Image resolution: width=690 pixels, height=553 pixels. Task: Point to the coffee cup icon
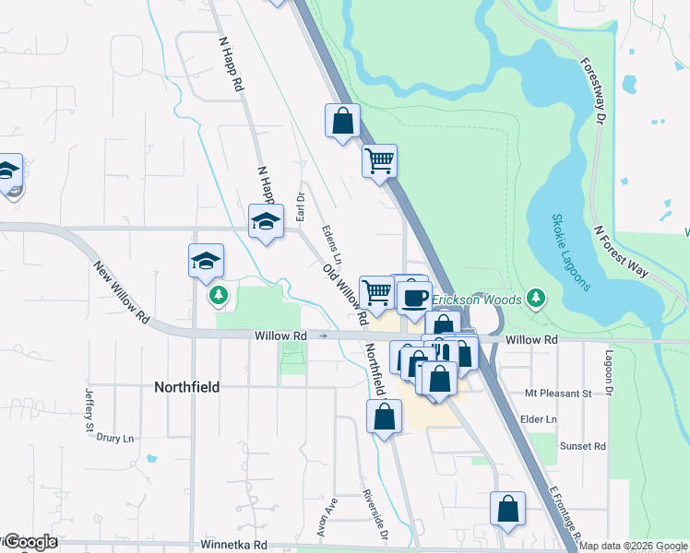point(414,297)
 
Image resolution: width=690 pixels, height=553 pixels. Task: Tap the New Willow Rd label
point(123,291)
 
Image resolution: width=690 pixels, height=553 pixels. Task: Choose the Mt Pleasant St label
point(557,394)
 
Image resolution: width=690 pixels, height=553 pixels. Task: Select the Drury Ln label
point(115,438)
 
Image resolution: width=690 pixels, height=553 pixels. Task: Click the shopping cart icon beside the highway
point(379,160)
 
